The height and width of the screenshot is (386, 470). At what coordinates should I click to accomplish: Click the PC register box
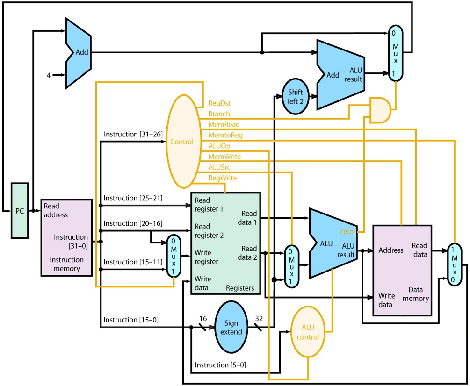point(20,211)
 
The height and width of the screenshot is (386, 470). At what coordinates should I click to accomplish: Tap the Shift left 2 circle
point(296,96)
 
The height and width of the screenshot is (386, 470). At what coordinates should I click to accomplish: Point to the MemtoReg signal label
point(225,135)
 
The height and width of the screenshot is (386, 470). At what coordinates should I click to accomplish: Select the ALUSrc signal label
point(219,167)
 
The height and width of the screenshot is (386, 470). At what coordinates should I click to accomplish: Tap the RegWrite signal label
point(222,178)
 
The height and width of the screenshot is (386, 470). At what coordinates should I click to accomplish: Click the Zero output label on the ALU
point(347,231)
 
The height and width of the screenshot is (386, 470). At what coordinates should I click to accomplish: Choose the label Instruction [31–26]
point(133,134)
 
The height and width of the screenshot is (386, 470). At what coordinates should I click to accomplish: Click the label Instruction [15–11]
point(133,262)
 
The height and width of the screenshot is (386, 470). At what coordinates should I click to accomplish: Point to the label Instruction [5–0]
point(220,365)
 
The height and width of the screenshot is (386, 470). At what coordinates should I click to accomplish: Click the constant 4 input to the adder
point(48,73)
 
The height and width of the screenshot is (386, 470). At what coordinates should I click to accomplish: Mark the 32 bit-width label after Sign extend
point(259,318)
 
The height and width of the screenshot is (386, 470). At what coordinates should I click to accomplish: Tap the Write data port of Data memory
point(385,300)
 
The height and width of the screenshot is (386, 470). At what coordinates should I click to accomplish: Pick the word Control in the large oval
point(181,142)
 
